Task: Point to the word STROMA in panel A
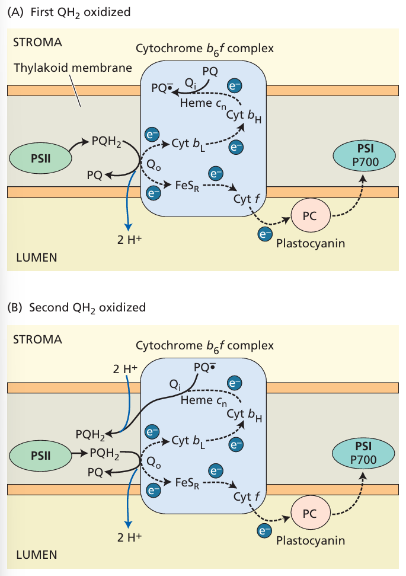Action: pyautogui.click(x=38, y=43)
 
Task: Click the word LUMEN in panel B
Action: pyautogui.click(x=36, y=555)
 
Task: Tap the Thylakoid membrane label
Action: pyautogui.click(x=73, y=68)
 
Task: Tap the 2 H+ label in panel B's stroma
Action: pyautogui.click(x=125, y=368)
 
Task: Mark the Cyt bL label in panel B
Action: pyautogui.click(x=188, y=441)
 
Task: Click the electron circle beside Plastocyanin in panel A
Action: pyautogui.click(x=263, y=235)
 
